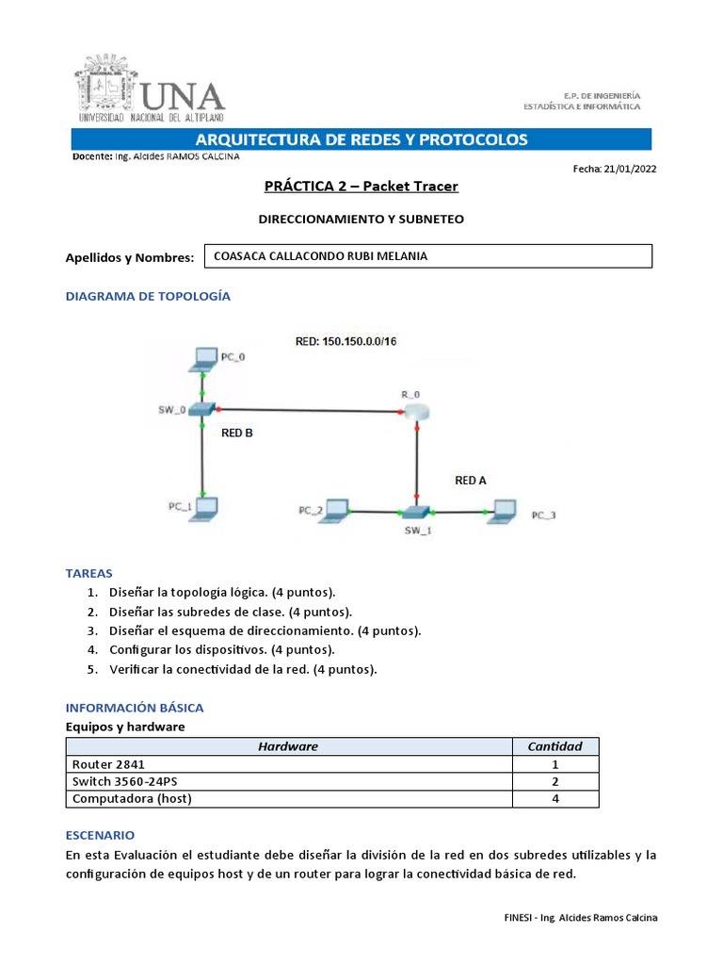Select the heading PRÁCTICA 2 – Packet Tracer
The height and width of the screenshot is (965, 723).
click(x=361, y=187)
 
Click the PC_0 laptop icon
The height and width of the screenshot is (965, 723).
click(x=202, y=359)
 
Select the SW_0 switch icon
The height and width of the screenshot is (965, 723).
click(x=201, y=410)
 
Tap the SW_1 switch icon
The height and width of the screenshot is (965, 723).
click(x=415, y=512)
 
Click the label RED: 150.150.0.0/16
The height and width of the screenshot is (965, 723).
click(x=345, y=341)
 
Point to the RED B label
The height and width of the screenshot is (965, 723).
click(x=237, y=434)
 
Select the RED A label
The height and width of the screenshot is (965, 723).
click(x=471, y=480)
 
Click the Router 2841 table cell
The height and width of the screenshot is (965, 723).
click(x=288, y=764)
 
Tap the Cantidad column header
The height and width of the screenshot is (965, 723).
click(x=554, y=746)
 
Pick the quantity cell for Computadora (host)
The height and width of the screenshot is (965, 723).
click(x=554, y=799)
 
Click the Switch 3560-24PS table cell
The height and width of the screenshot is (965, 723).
click(x=288, y=782)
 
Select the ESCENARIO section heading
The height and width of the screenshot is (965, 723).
click(x=100, y=835)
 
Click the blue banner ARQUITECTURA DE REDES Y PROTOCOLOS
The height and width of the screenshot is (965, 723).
click(x=361, y=140)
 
